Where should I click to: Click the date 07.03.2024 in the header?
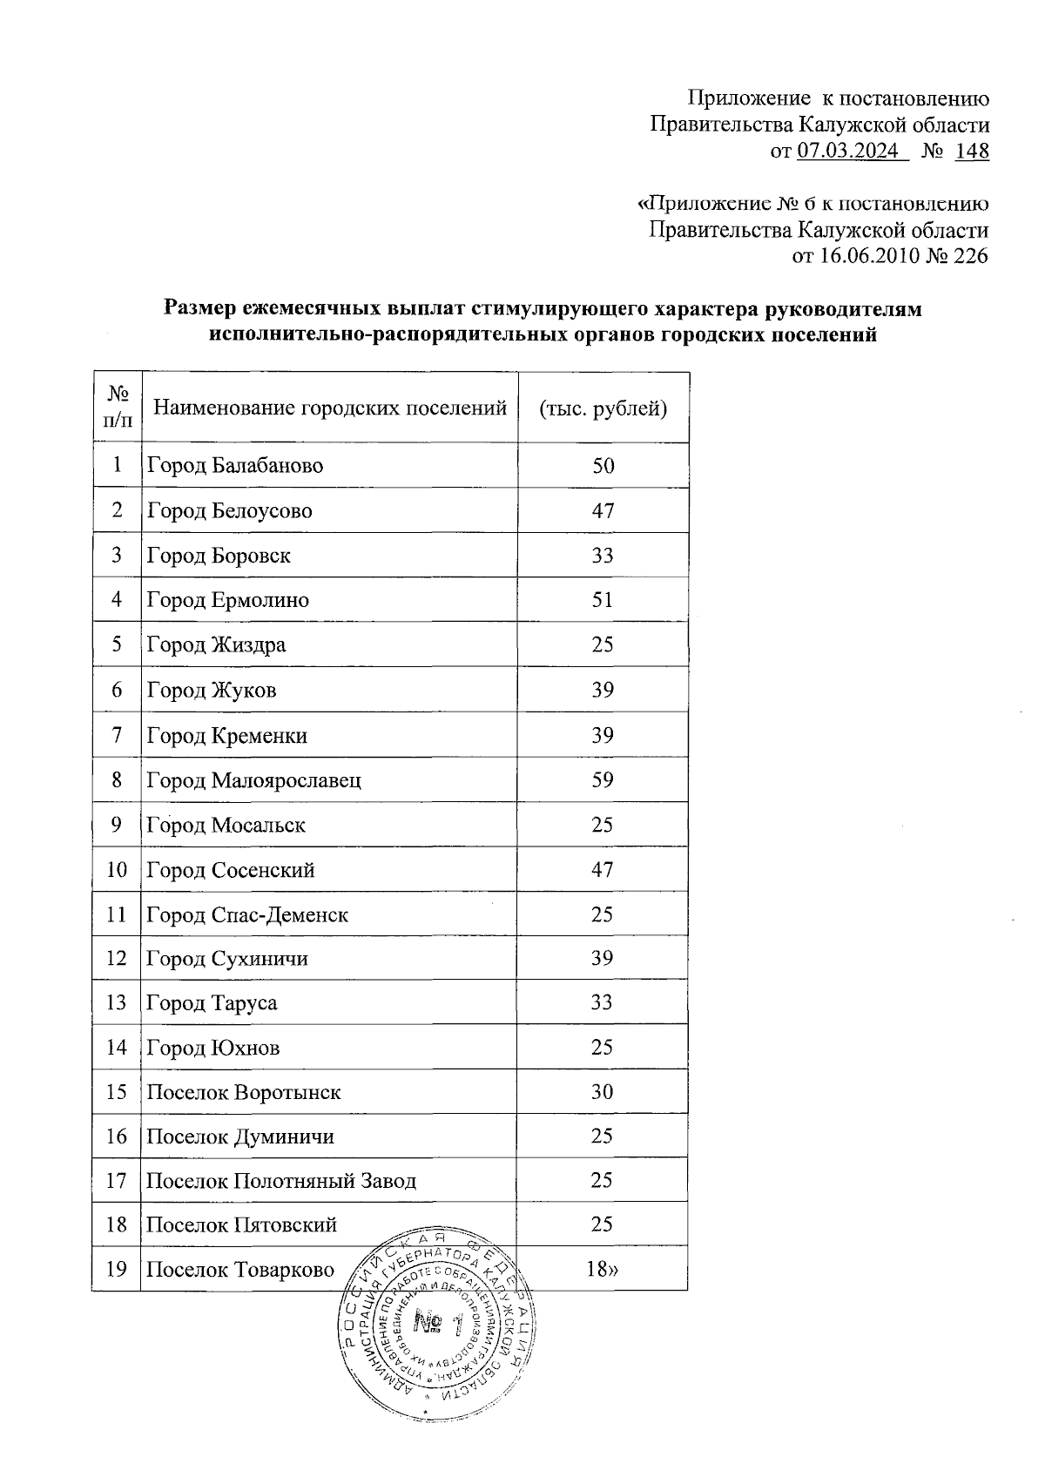(x=848, y=152)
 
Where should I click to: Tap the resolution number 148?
(x=972, y=152)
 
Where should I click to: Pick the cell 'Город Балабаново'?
(x=235, y=466)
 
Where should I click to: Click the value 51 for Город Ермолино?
(x=603, y=600)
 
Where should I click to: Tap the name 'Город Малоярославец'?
(x=253, y=780)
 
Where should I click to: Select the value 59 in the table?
(x=603, y=780)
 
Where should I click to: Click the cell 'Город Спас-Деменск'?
(x=247, y=915)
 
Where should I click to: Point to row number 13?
(x=117, y=1003)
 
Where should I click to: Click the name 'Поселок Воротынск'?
(x=243, y=1093)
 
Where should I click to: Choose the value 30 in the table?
(x=603, y=1092)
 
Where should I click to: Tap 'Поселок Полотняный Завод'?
(x=280, y=1182)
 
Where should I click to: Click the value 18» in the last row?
(x=603, y=1270)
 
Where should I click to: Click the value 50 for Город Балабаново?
(x=603, y=466)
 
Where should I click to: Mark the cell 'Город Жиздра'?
(x=216, y=645)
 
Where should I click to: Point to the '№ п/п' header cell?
(x=117, y=408)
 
